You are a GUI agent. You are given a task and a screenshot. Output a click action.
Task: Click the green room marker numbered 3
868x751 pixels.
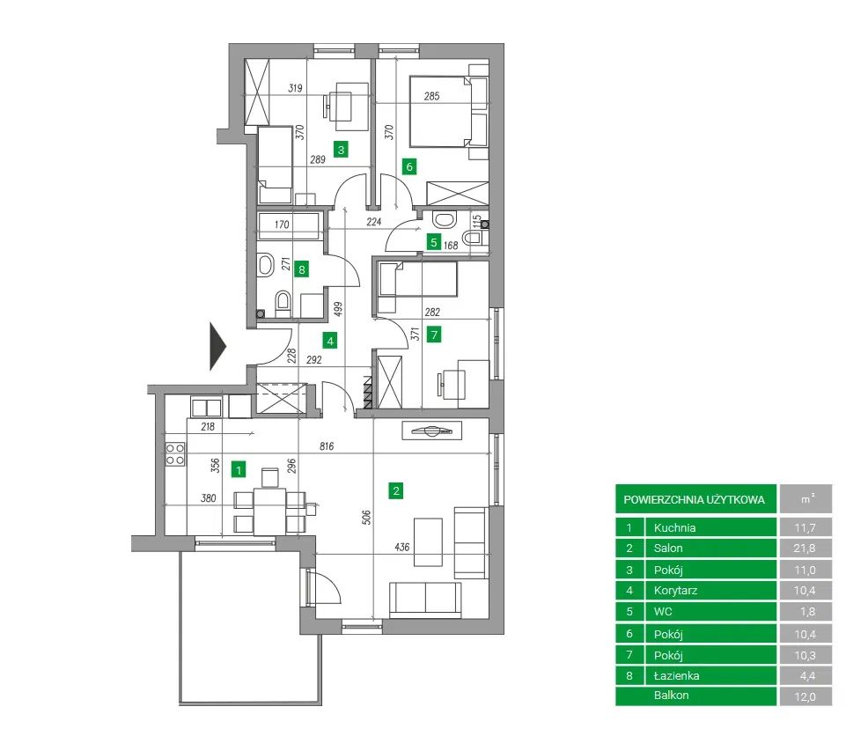[x=341, y=149]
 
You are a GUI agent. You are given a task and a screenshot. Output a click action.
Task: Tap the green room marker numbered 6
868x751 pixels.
[x=409, y=166]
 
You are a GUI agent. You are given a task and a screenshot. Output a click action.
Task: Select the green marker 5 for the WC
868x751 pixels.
[x=433, y=242]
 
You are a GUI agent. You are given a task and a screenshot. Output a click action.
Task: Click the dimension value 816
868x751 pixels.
[x=327, y=445]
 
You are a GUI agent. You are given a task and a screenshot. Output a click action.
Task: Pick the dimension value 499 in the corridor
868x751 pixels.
[x=338, y=309]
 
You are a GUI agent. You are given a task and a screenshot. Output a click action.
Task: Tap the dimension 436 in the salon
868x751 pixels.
[x=402, y=548]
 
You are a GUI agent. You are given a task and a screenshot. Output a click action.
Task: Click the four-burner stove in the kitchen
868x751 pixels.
[x=175, y=453]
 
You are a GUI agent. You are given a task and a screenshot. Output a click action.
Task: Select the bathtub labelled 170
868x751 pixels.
[x=290, y=226]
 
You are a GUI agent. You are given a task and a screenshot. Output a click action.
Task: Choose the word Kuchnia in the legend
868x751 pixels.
[x=675, y=527]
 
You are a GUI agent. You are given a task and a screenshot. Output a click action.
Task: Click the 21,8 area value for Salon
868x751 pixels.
[x=805, y=549]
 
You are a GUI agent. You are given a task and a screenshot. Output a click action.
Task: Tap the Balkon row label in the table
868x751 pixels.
[x=671, y=695]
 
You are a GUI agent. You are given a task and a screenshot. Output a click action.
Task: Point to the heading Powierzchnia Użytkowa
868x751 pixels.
[x=695, y=499]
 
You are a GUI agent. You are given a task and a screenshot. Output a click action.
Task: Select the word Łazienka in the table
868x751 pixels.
[x=676, y=675]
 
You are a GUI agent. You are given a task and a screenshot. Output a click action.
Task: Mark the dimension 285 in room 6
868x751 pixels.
[x=431, y=96]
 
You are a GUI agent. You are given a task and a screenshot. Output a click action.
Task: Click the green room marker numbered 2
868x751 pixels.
[x=396, y=490]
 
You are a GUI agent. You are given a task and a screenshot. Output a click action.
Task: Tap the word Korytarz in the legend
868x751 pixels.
[x=675, y=591]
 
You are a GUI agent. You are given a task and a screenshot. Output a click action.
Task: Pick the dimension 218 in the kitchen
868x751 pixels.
[x=208, y=426]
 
